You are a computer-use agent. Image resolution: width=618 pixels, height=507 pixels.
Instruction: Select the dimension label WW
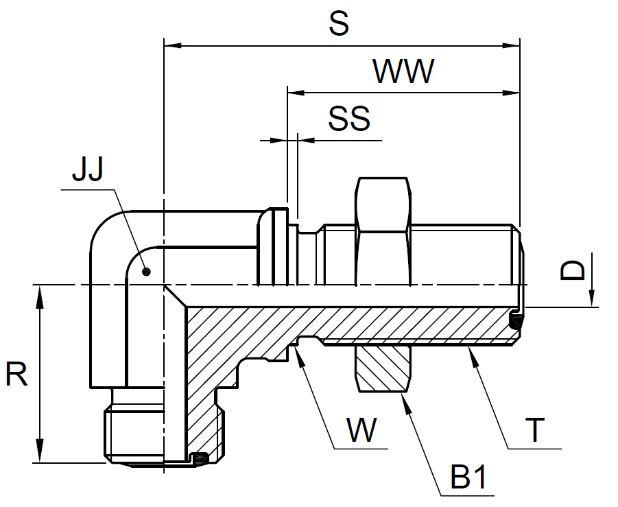(403, 71)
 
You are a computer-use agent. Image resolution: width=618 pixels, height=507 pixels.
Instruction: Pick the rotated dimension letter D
(573, 270)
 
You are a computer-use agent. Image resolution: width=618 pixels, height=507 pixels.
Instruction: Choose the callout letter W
(361, 430)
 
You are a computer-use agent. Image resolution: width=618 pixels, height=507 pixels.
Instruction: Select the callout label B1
(468, 477)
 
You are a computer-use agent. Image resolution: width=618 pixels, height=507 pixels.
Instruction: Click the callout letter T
(535, 430)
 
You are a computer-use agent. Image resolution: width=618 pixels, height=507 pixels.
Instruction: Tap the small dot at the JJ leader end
(146, 272)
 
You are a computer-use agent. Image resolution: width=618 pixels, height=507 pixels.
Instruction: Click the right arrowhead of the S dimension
(512, 46)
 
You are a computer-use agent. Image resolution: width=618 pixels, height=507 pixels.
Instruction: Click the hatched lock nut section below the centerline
(383, 369)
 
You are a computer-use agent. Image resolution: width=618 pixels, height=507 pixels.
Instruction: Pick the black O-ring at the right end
(516, 320)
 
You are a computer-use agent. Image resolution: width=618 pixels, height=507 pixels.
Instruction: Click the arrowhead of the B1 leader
(407, 401)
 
